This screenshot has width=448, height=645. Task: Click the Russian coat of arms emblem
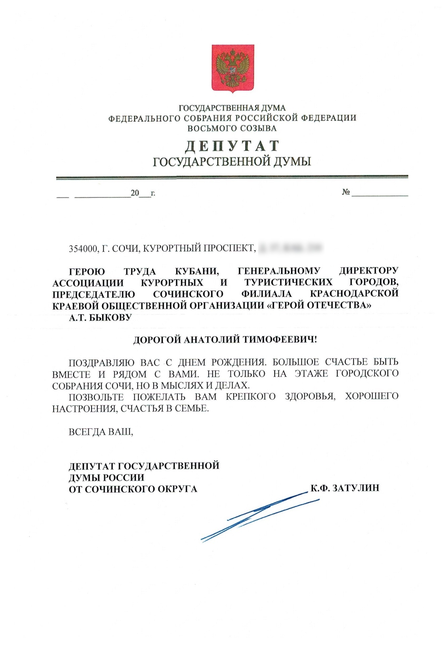[232, 68]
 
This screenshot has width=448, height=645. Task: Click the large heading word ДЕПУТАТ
[232, 146]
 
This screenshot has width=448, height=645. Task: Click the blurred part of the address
[290, 248]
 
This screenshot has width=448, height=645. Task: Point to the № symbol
[346, 192]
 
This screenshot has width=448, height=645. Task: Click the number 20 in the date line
[135, 193]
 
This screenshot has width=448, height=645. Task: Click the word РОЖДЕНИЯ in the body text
[239, 362]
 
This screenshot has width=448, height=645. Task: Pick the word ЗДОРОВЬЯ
[310, 397]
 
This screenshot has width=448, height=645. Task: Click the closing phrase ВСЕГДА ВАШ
[101, 432]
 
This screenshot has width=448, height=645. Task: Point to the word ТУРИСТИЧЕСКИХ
[288, 282]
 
